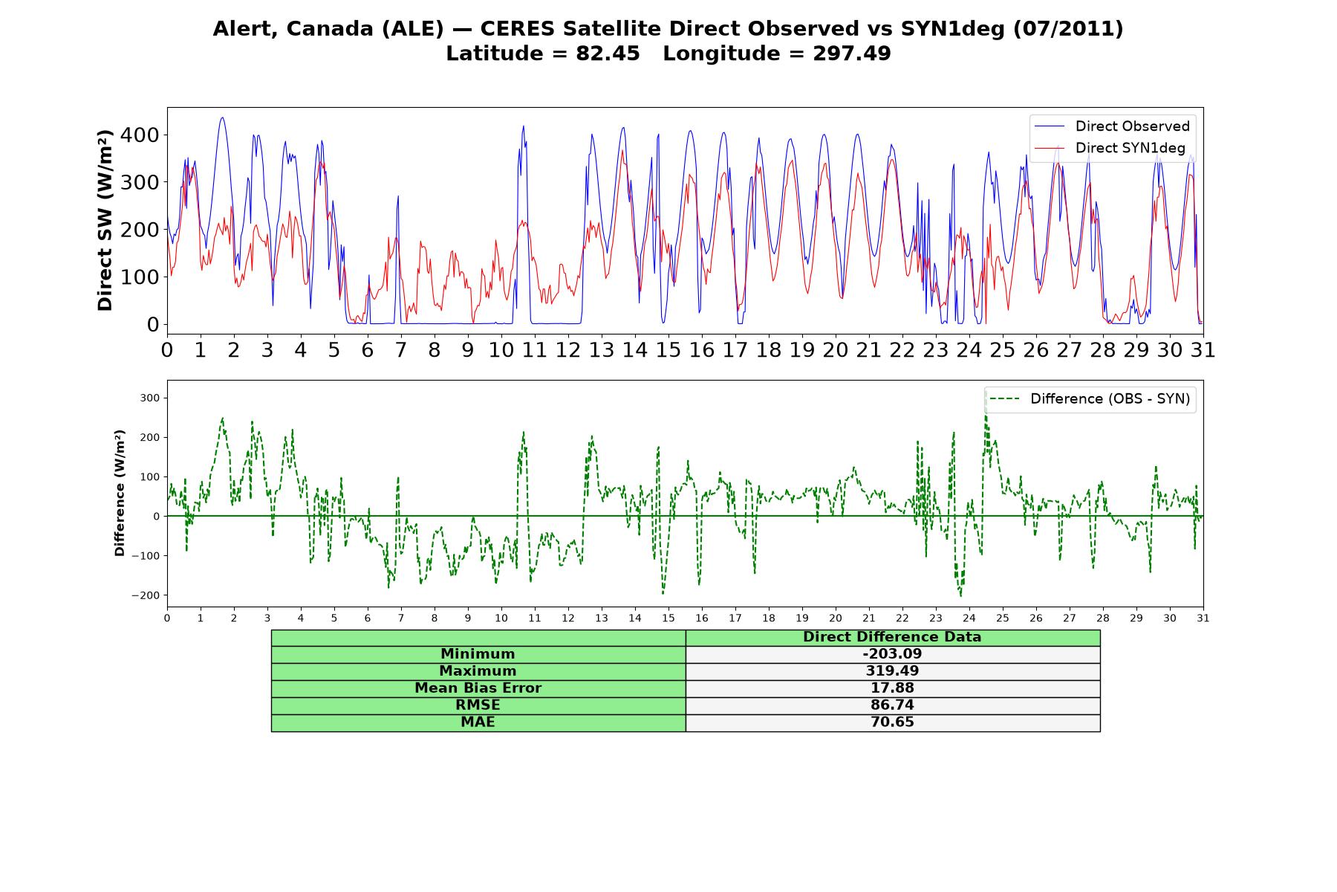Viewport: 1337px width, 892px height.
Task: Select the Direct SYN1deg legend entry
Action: pos(1110,148)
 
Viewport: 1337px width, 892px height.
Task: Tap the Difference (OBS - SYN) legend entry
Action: pos(1090,399)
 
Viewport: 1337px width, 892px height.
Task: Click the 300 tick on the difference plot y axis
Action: pos(151,398)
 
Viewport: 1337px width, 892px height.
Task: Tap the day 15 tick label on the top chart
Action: pos(668,349)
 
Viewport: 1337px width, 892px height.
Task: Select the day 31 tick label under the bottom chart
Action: pos(1203,618)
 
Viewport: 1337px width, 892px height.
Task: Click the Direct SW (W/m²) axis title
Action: pos(105,220)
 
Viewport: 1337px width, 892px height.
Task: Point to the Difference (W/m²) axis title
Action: pos(120,494)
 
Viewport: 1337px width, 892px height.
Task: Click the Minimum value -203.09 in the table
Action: pos(892,654)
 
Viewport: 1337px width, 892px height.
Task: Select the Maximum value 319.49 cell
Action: pos(892,671)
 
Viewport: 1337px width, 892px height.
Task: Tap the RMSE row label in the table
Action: pos(478,705)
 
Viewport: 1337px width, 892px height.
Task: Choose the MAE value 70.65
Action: pos(892,723)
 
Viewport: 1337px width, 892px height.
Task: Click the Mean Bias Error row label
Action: pos(478,688)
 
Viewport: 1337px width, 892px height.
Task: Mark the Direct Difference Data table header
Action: pos(892,637)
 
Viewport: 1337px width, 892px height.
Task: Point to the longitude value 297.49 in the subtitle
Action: pos(851,54)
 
